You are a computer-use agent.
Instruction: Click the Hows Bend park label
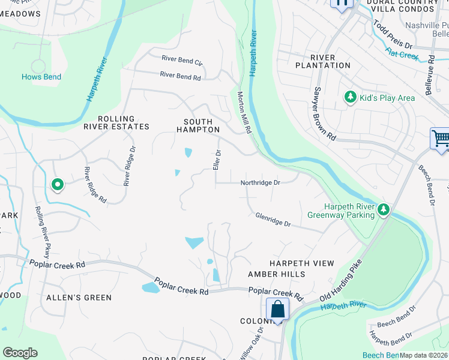(41, 77)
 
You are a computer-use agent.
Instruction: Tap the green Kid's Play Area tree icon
(349, 97)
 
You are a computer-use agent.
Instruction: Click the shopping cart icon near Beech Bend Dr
(440, 139)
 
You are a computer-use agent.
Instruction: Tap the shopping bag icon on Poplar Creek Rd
(277, 310)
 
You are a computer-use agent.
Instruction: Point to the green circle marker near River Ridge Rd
(58, 185)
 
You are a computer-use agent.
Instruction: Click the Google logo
(20, 353)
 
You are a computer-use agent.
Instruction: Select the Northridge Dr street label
(261, 182)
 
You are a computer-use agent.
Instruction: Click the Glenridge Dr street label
(273, 220)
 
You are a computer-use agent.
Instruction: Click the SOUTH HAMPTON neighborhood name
(198, 125)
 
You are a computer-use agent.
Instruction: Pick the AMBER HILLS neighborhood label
(277, 274)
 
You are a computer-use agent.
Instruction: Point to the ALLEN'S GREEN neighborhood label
(79, 298)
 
